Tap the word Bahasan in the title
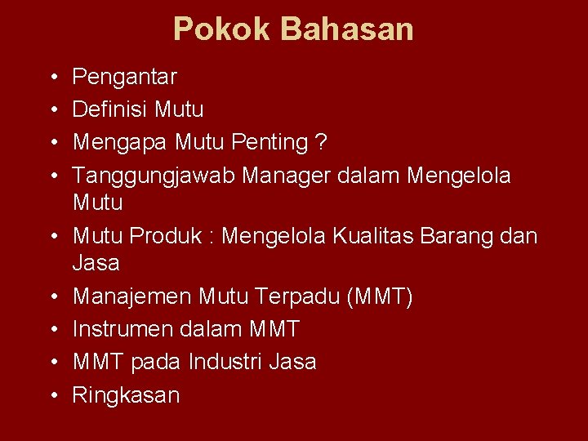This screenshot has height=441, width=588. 347,30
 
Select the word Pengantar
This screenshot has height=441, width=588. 124,78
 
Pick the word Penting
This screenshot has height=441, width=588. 269,142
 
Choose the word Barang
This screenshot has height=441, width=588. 473,236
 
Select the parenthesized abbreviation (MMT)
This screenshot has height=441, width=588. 380,296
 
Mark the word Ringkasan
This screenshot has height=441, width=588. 126,395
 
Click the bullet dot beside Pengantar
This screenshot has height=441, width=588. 51,78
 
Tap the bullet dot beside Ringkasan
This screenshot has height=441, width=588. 51,395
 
